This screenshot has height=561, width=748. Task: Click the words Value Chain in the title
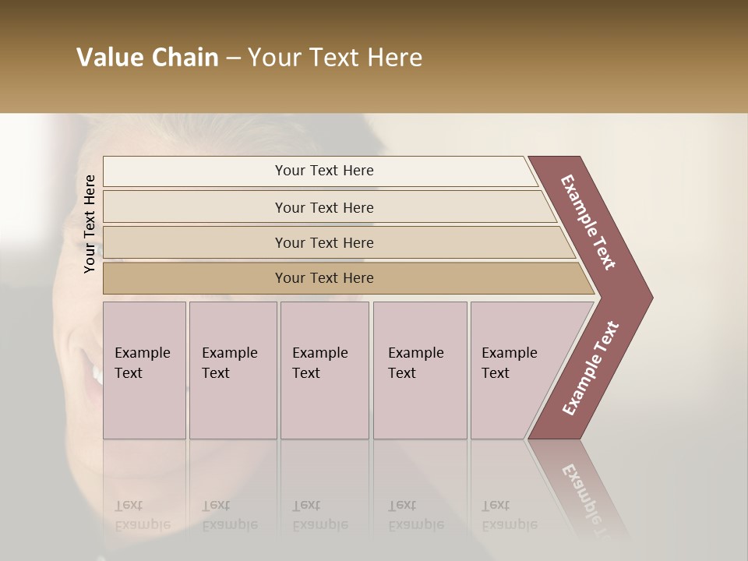(x=147, y=58)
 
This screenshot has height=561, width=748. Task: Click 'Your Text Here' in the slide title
(x=335, y=58)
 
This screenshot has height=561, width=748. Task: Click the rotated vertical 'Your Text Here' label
(x=90, y=224)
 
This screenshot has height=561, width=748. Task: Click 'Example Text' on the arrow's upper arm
(x=588, y=222)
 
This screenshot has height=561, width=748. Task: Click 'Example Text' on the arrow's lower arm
(x=590, y=369)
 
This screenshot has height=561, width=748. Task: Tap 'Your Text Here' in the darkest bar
(x=324, y=278)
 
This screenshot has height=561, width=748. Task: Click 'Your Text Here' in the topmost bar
(x=324, y=171)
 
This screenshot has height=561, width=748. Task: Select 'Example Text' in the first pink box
(x=142, y=363)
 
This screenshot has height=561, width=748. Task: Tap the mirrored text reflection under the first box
(x=142, y=515)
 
